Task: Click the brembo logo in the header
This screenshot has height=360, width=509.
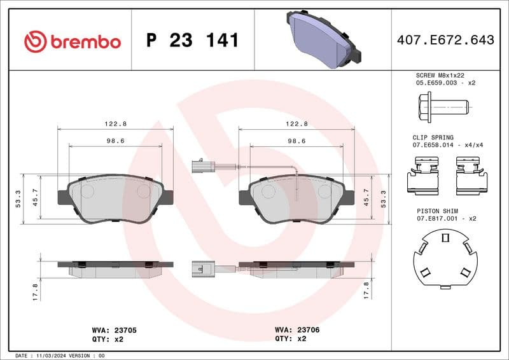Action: (x=72, y=41)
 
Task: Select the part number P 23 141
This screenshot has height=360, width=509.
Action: (x=192, y=41)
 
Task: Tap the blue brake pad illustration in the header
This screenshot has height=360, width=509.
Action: (x=323, y=38)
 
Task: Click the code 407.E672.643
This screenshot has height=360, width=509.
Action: (x=445, y=40)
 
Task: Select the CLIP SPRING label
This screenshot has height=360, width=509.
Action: (x=433, y=137)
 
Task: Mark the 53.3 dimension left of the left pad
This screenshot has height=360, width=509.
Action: (x=18, y=198)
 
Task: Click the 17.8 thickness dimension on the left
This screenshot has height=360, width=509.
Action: (x=36, y=291)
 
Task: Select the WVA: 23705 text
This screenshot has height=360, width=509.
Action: (x=115, y=331)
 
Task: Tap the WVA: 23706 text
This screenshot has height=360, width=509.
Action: (x=296, y=331)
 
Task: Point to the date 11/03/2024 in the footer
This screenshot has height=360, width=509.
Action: (x=53, y=355)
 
